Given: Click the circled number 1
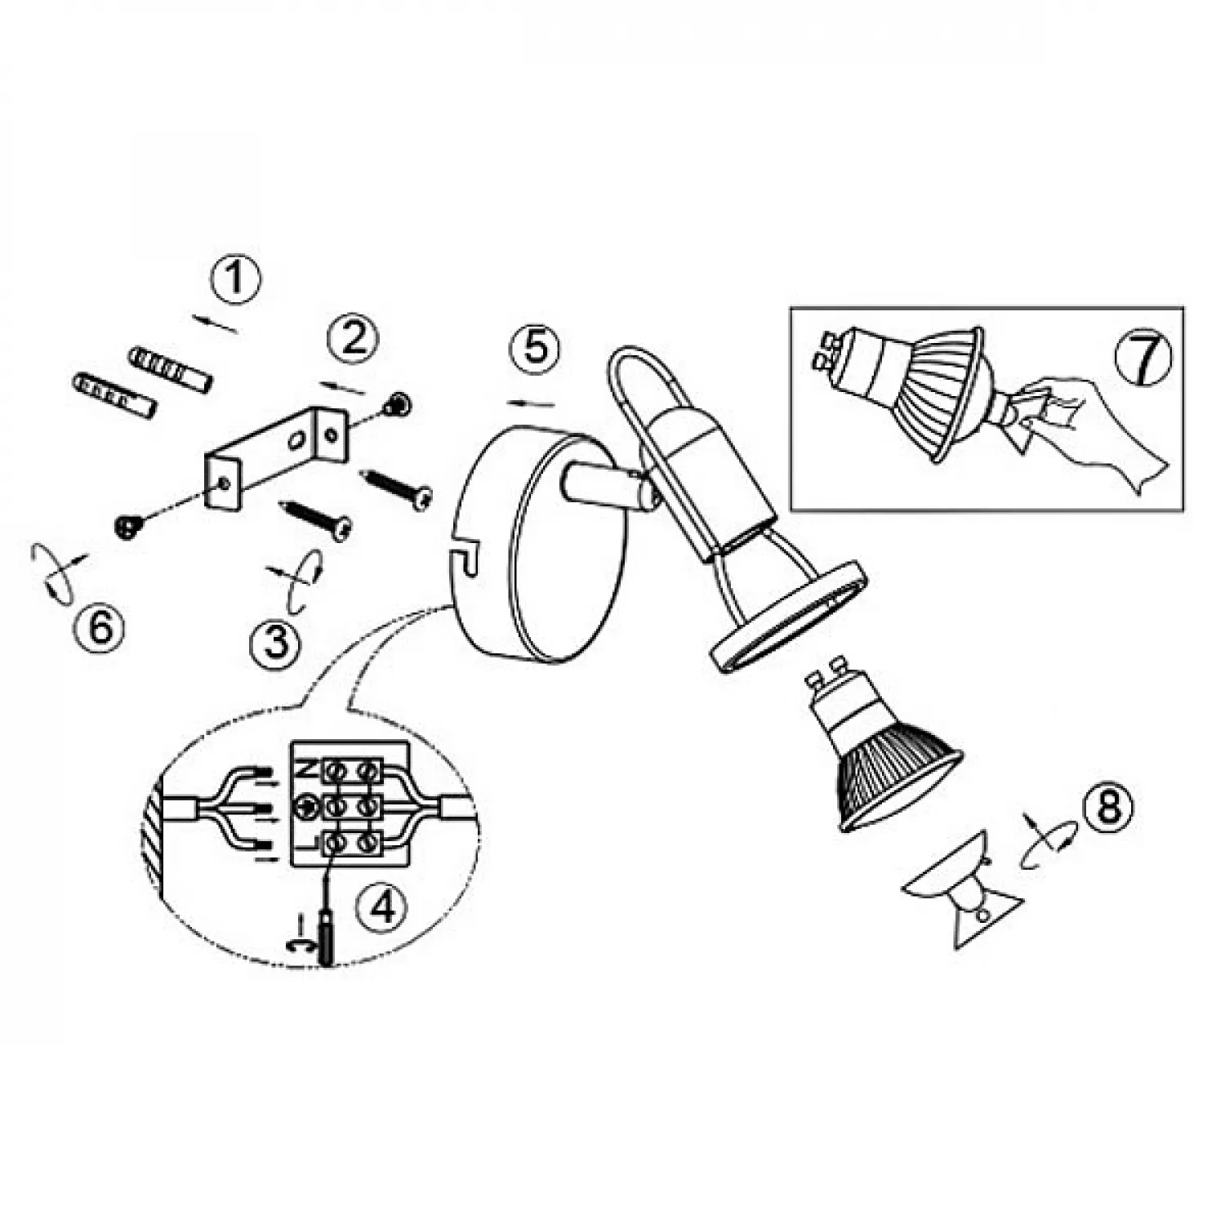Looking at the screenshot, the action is click(234, 280).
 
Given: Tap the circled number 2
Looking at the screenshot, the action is click(353, 338).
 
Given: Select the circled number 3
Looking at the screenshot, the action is click(276, 643).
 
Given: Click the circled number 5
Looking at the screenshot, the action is click(535, 349).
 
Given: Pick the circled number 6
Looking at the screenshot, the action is click(100, 629).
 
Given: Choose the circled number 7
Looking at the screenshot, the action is click(1143, 357).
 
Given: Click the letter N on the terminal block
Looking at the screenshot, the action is click(303, 768).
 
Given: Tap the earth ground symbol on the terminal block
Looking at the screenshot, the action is click(308, 806).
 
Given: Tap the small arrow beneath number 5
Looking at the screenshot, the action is click(531, 403).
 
